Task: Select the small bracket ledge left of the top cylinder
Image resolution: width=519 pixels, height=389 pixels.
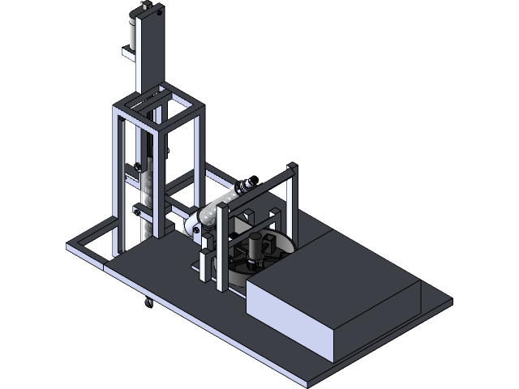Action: point(129,55)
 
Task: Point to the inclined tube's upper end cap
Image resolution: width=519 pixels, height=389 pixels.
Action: point(247,185)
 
